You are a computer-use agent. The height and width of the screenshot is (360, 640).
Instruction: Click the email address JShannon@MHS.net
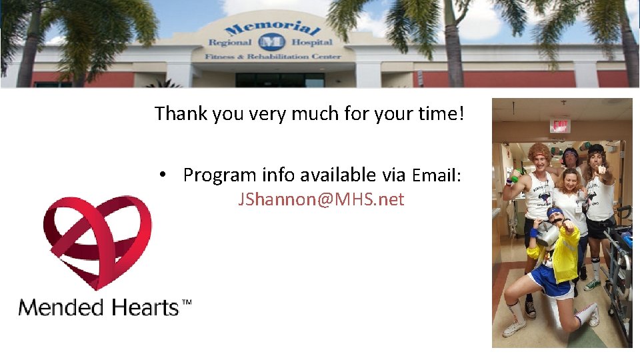[x=321, y=199]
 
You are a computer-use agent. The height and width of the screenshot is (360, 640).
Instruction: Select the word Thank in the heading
[x=181, y=114]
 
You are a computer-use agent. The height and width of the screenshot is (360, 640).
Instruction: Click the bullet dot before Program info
[x=162, y=175]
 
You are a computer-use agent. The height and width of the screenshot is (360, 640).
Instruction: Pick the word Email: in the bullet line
[x=436, y=175]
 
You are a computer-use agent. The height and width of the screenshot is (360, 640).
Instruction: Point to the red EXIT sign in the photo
[x=560, y=125]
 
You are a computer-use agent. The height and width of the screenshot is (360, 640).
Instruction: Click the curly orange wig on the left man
[x=538, y=151]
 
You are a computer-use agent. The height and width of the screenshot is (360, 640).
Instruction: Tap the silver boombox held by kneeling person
[x=547, y=233]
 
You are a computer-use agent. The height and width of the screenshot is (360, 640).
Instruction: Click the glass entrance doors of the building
[x=279, y=79]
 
